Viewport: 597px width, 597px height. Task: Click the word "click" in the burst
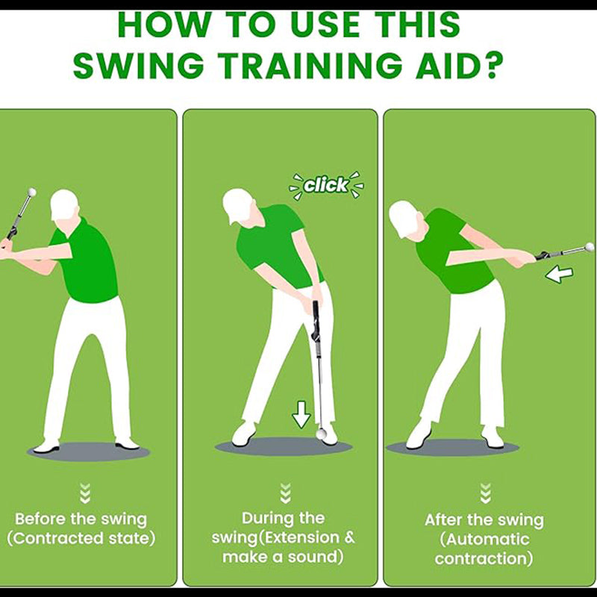pyautogui.click(x=326, y=185)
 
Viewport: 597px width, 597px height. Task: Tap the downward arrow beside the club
pyautogui.click(x=301, y=415)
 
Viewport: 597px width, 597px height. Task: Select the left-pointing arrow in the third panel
pyautogui.click(x=559, y=274)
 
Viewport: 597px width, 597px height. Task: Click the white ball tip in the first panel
pyautogui.click(x=32, y=192)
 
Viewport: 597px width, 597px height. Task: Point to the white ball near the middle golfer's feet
pyautogui.click(x=321, y=434)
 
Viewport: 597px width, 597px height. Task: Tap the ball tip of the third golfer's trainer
pyautogui.click(x=590, y=247)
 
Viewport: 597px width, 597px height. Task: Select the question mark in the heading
pyautogui.click(x=492, y=65)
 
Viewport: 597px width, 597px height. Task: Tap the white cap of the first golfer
pyautogui.click(x=63, y=203)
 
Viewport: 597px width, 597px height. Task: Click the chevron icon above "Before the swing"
pyautogui.click(x=85, y=493)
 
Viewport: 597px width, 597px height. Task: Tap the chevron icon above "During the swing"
pyautogui.click(x=286, y=493)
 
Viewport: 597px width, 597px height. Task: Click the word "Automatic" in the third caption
pyautogui.click(x=484, y=539)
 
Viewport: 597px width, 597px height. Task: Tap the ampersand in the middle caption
pyautogui.click(x=348, y=537)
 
